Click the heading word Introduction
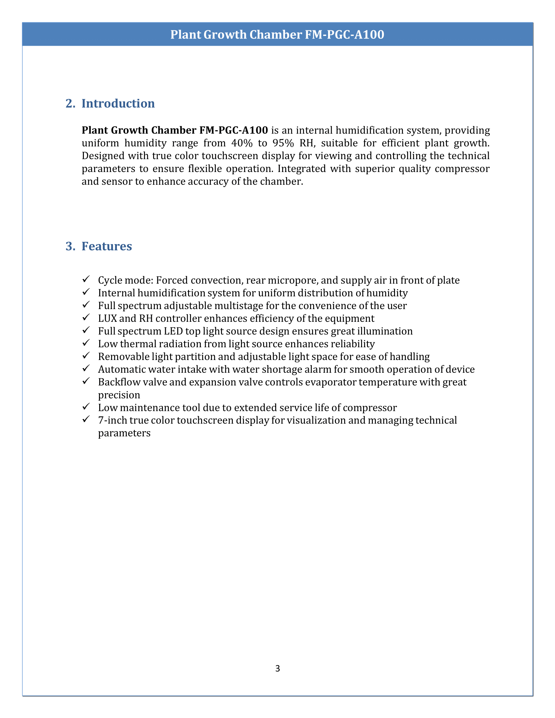(118, 103)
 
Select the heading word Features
(106, 246)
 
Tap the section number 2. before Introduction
(70, 103)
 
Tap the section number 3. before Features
(70, 246)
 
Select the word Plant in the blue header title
(185, 35)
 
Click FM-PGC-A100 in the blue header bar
(344, 35)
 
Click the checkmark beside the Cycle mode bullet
(86, 279)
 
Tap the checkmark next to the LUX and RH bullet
(86, 318)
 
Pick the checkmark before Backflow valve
(86, 381)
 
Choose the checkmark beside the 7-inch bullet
(86, 419)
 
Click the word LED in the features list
(173, 331)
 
